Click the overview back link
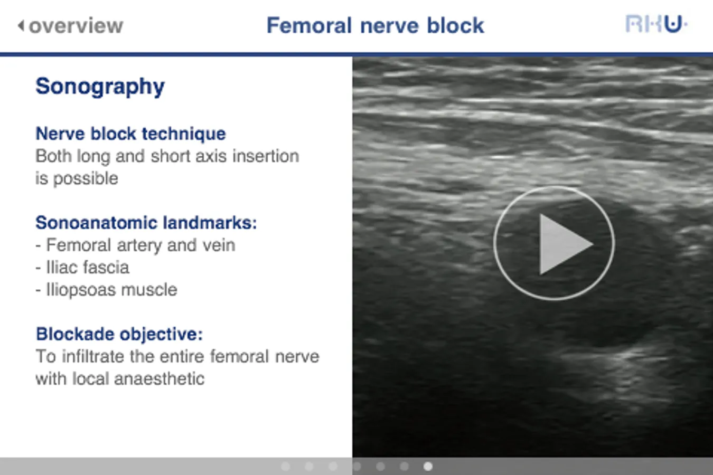point(70,26)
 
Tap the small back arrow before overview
point(21,26)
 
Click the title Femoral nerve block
point(376,25)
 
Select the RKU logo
point(656,24)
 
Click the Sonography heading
point(100,87)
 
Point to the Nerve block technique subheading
point(130,134)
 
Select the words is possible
point(77,178)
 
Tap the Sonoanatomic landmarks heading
point(146,223)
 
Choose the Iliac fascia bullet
point(82,267)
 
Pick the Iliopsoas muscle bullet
point(106,290)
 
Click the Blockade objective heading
point(119,334)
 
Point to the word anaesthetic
point(159,379)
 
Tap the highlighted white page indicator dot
point(428,467)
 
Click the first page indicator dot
point(286,467)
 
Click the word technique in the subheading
point(184,134)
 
